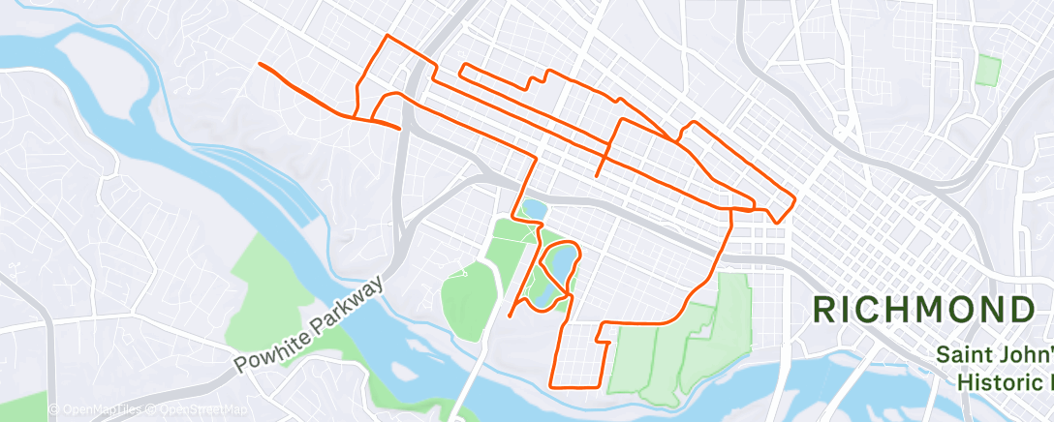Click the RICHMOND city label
923,311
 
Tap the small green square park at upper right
988,70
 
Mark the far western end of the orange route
259,64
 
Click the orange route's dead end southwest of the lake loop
510,316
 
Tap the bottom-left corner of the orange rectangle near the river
552,386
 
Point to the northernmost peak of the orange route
388,36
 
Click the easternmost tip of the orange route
795,199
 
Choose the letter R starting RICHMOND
825,311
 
